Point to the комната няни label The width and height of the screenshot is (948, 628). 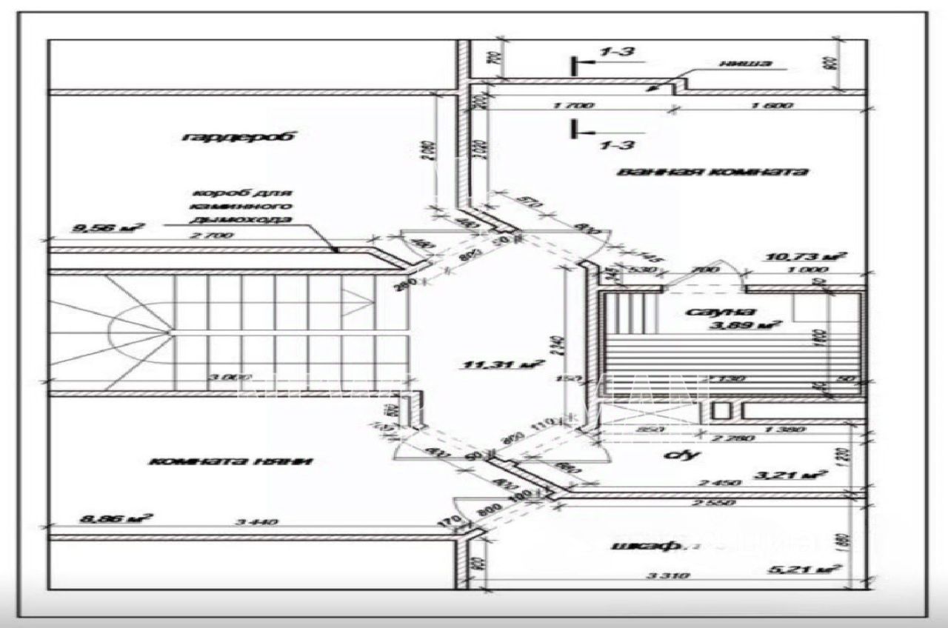point(231,461)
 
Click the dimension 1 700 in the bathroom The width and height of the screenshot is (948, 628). point(573,106)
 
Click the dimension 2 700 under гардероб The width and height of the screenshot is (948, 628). point(212,235)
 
